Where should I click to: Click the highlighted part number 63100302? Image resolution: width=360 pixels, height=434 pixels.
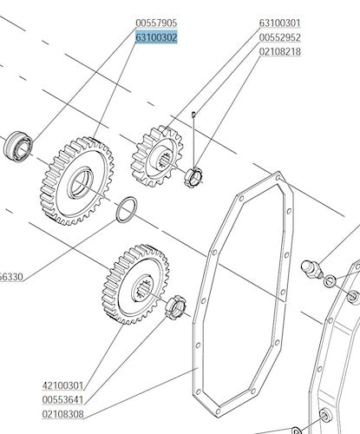[156, 37]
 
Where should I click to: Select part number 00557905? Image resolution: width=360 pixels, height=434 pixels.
[156, 23]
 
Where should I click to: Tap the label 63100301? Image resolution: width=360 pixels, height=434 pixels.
[280, 23]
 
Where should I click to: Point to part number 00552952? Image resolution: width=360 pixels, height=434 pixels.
[280, 37]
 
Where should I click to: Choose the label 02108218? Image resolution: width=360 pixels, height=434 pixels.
[280, 52]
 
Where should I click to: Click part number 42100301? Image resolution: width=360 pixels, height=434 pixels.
[62, 385]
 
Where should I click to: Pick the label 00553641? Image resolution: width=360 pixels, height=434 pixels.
[62, 400]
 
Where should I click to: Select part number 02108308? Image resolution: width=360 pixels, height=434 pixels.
[62, 414]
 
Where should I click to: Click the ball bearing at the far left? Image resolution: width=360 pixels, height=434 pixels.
[18, 147]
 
